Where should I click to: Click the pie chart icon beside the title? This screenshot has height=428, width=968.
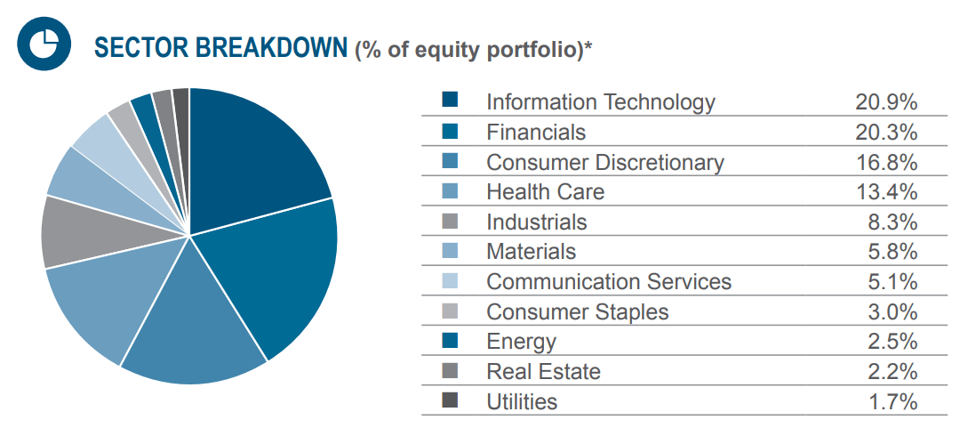[41, 45]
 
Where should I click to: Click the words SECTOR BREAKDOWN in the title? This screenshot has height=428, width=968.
[220, 48]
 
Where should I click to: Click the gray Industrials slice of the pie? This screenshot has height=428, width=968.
[76, 231]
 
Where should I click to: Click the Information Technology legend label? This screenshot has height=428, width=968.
[600, 102]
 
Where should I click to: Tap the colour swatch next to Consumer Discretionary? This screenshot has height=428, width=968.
[450, 162]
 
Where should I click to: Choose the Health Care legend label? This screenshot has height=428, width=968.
[545, 192]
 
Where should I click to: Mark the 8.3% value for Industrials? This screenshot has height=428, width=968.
[892, 222]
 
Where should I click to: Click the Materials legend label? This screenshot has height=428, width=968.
[531, 252]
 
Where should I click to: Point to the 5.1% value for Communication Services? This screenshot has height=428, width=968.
[892, 282]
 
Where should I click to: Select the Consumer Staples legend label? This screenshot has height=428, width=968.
[577, 312]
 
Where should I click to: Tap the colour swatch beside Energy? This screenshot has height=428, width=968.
[450, 341]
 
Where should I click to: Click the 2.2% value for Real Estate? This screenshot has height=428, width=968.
[892, 372]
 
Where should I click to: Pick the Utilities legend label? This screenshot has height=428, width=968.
[522, 402]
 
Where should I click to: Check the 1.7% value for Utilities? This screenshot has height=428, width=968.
[892, 402]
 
